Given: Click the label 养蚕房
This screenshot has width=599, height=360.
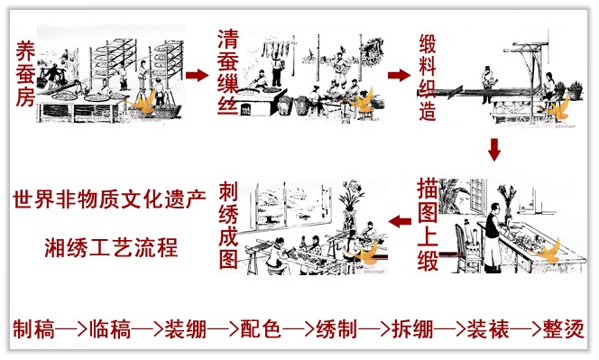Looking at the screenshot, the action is tap(25, 74).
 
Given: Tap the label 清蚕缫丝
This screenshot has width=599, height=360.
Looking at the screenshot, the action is tap(228, 71).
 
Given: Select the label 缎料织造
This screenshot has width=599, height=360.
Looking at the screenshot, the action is tap(428, 78).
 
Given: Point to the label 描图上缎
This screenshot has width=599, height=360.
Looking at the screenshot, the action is tap(428, 225).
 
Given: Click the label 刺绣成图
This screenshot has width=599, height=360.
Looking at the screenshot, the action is tap(228, 225).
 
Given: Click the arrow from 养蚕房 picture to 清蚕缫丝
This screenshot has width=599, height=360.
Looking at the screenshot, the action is tap(198, 75).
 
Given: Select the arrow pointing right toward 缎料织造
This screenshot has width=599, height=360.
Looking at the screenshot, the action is tap(400, 75).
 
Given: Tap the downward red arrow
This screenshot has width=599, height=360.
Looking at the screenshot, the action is tap(494, 150).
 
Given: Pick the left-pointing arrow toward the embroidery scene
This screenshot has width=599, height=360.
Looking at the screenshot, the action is tap(400, 221).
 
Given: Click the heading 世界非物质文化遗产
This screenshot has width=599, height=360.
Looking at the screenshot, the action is tap(110, 198).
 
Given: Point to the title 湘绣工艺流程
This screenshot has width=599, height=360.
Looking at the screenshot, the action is tap(111, 247).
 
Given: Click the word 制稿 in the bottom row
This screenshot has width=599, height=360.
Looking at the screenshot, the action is tap(34, 328).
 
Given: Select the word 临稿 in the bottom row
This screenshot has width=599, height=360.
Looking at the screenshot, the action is tap(110, 328).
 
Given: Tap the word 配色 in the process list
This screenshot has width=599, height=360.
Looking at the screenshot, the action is tap(261, 328).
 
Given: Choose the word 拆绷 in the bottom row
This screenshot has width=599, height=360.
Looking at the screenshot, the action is tap(412, 328).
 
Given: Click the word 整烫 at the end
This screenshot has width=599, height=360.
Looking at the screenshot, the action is tap(564, 328).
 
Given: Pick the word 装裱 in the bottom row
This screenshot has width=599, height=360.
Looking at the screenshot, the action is tap(488, 328).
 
